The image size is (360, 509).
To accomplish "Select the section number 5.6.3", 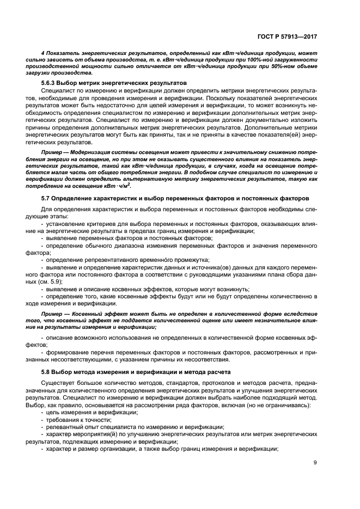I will pyautogui.click(x=51, y=83).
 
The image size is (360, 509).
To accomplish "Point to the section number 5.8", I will pyautogui.click(x=46, y=372).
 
